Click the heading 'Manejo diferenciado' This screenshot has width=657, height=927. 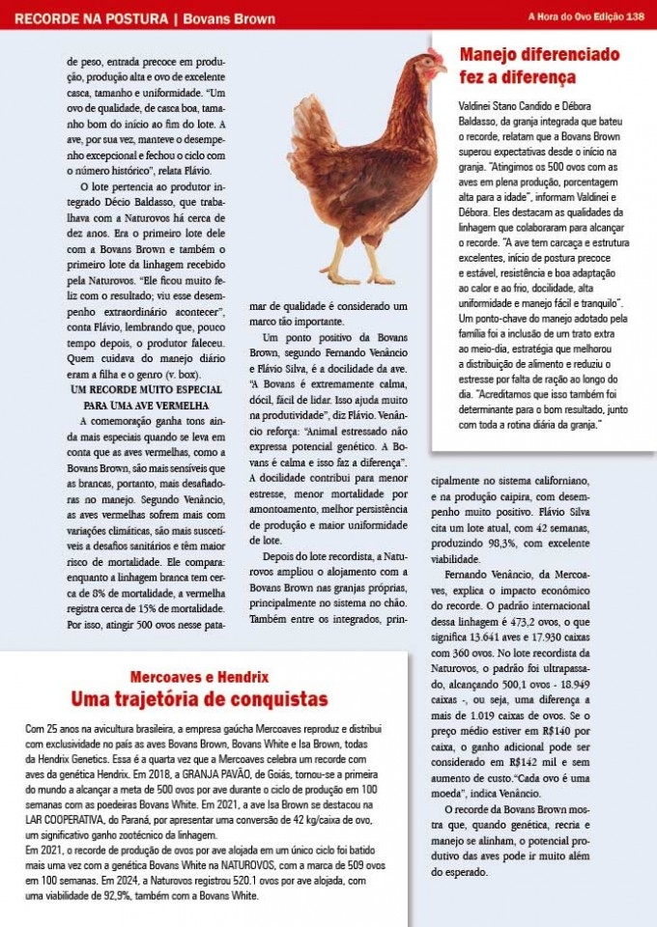539,55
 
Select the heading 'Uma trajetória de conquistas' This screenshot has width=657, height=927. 198,698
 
